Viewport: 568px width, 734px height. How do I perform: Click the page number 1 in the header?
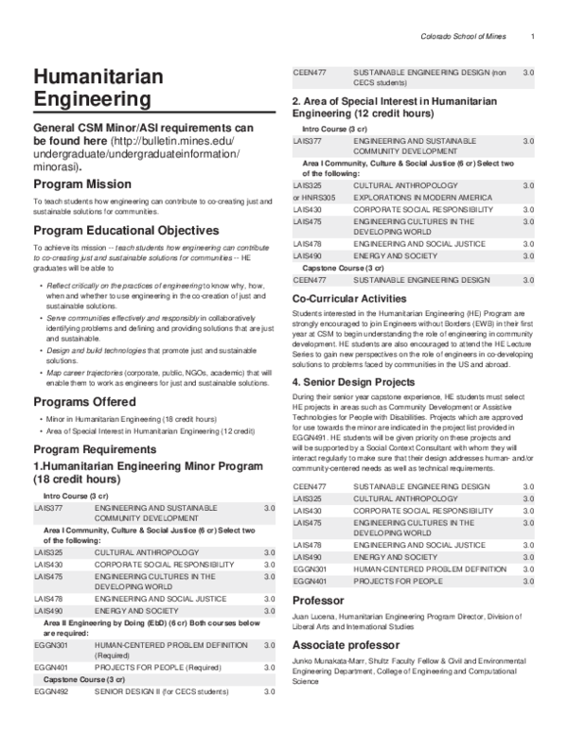coord(534,37)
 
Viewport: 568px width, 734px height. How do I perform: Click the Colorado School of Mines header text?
coord(464,37)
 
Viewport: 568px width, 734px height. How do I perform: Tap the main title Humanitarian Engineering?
coord(91,86)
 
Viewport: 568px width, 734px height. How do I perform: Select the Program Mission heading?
coord(82,183)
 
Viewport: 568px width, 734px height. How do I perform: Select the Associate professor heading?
coord(348,667)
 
